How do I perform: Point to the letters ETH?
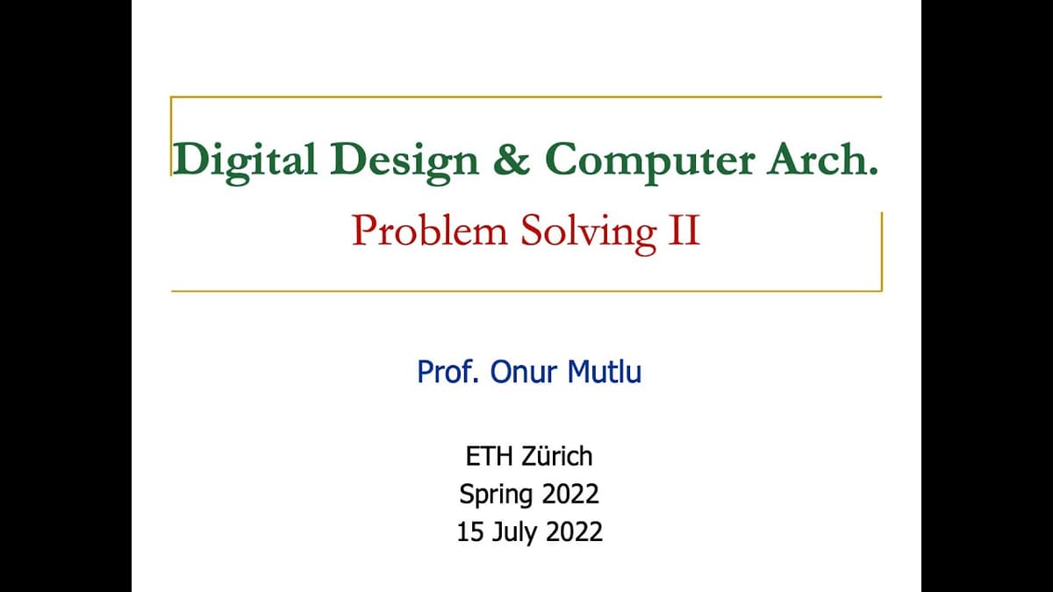coord(485,456)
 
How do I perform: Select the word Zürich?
coord(556,456)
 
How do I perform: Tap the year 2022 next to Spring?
coord(569,494)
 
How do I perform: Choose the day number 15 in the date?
coord(470,531)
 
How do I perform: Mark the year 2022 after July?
coord(574,531)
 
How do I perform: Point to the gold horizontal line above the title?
coord(526,97)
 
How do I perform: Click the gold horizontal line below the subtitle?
coord(526,290)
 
